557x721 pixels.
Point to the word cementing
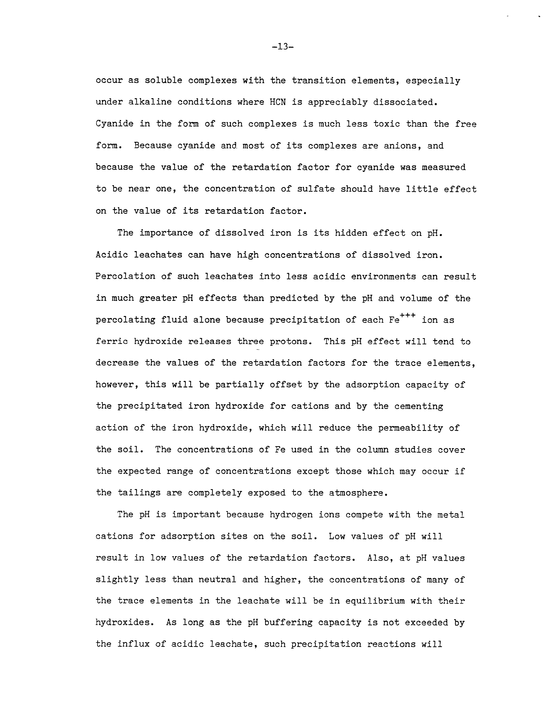coord(419,406)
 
